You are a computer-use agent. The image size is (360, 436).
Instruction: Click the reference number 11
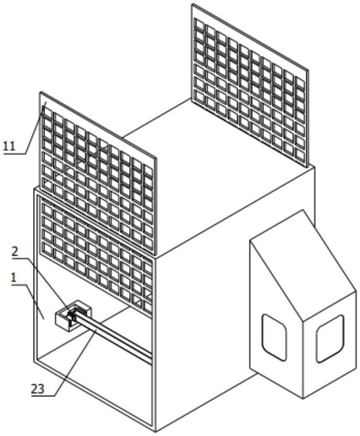(x=9, y=146)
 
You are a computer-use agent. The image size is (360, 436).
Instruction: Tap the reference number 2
(x=15, y=251)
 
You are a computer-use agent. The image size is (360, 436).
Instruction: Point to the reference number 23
(x=38, y=389)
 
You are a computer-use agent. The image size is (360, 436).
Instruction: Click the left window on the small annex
(x=274, y=337)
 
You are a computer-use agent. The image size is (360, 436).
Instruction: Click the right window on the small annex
(x=330, y=338)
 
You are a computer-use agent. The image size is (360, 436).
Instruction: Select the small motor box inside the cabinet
(x=74, y=316)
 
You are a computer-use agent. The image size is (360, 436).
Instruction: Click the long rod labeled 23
(x=113, y=338)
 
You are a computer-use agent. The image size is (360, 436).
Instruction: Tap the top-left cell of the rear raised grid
(x=200, y=23)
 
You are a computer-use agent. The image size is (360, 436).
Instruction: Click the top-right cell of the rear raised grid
(x=300, y=82)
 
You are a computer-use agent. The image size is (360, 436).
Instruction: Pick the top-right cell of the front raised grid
(x=148, y=171)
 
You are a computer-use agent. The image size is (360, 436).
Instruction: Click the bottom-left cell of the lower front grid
(x=47, y=249)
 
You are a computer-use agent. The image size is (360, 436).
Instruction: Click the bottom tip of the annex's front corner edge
(x=303, y=398)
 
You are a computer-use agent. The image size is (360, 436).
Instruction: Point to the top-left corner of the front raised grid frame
(x=40, y=92)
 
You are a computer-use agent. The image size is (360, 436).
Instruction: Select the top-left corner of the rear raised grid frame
(x=192, y=4)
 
